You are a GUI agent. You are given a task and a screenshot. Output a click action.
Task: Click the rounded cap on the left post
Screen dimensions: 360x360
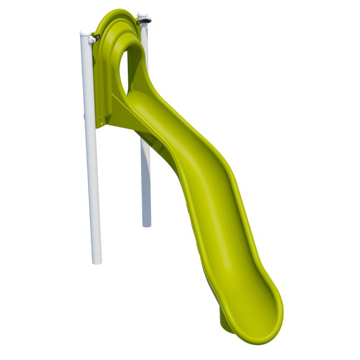pos(85,32)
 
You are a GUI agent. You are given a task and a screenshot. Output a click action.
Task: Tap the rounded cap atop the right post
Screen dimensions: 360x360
pos(142,14)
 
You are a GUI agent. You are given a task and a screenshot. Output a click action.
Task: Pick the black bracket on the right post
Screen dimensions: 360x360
pos(144,21)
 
